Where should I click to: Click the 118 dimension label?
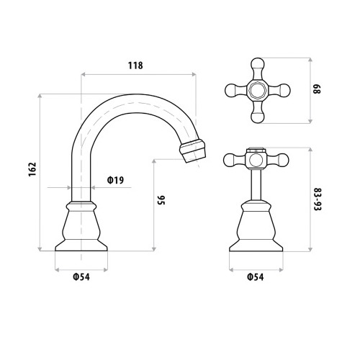[x=135, y=66]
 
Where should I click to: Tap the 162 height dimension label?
[x=32, y=169]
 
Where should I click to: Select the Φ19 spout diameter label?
[x=115, y=180]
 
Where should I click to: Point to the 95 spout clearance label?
[x=161, y=200]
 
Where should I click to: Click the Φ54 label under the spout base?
[x=81, y=277]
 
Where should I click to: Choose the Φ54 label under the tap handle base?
[x=256, y=277]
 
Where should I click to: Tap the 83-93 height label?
[x=318, y=199]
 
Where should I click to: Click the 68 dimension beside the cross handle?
[x=317, y=89]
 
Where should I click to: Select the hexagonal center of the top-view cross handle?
[x=258, y=91]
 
